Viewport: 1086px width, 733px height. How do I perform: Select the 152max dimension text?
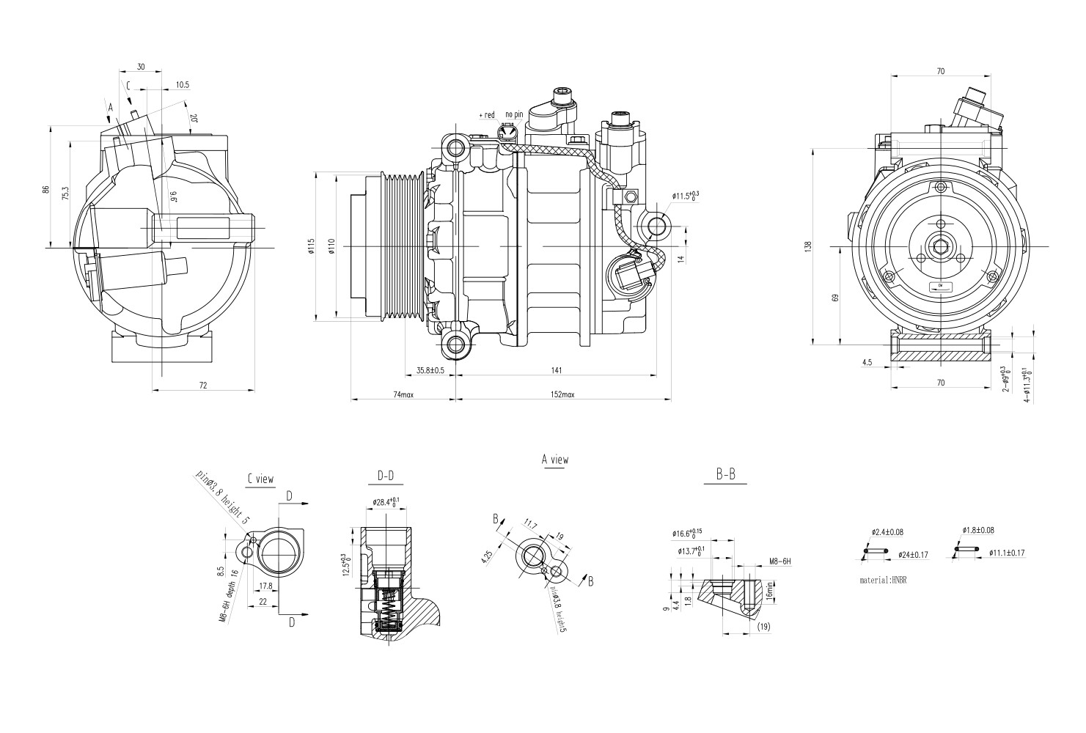click(x=562, y=395)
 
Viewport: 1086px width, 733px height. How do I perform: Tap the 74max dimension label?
click(x=403, y=395)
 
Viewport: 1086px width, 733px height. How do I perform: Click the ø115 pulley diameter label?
click(x=312, y=246)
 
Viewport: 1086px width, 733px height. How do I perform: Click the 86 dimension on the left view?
click(x=45, y=189)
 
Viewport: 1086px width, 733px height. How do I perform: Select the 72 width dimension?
click(x=203, y=384)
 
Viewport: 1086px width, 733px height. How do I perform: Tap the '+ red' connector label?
click(x=487, y=115)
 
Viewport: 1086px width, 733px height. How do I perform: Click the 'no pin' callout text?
click(x=514, y=114)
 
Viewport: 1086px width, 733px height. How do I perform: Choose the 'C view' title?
click(x=260, y=479)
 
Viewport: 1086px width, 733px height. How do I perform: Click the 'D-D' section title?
click(x=386, y=476)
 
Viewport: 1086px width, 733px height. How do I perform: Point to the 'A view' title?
click(x=554, y=460)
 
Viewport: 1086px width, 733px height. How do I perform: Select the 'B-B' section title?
click(x=725, y=475)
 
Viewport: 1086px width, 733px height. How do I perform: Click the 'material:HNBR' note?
click(x=887, y=579)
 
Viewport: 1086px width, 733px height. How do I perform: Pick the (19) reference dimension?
click(x=763, y=627)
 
